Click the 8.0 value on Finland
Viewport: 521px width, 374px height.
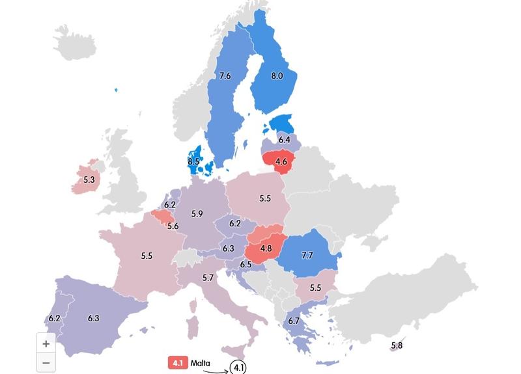click(277, 76)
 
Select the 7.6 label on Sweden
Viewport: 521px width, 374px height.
click(225, 76)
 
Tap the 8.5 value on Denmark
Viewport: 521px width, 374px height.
click(193, 161)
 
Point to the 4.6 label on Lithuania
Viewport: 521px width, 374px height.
click(281, 161)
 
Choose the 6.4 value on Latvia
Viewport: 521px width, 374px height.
click(284, 140)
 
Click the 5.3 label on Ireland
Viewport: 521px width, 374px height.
click(89, 180)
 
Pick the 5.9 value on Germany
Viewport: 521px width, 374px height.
click(197, 214)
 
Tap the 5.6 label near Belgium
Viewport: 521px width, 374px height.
click(173, 226)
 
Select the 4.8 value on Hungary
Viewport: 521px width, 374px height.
click(265, 248)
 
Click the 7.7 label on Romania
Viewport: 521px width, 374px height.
click(307, 256)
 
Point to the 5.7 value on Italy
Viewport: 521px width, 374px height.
click(208, 278)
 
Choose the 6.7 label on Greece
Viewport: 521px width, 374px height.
click(294, 321)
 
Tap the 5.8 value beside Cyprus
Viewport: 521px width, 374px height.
click(397, 345)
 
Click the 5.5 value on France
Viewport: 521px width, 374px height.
click(147, 256)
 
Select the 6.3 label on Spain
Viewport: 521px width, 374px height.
click(93, 318)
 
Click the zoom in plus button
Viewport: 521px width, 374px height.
click(46, 343)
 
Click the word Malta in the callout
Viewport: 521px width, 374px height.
click(201, 363)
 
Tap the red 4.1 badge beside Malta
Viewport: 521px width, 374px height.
click(177, 363)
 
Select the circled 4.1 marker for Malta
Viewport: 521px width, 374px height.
click(238, 367)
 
